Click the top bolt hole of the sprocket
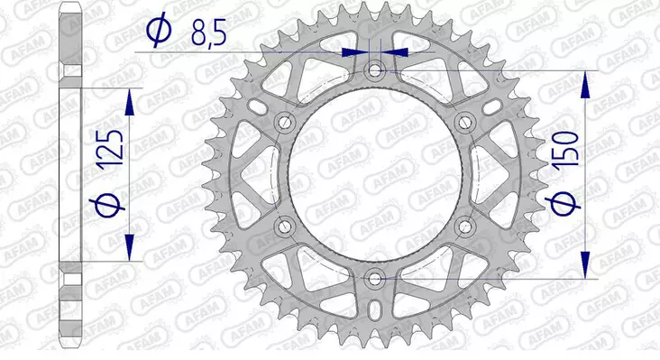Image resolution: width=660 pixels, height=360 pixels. tap(376, 69)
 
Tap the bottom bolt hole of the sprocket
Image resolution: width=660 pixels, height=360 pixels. tap(376, 278)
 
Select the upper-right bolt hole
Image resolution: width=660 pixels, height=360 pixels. tap(465, 122)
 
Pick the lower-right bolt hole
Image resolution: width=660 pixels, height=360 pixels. tap(465, 226)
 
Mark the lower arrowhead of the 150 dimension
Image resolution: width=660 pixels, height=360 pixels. tap(586, 263)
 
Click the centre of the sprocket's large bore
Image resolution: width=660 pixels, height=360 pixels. tap(376, 173)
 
